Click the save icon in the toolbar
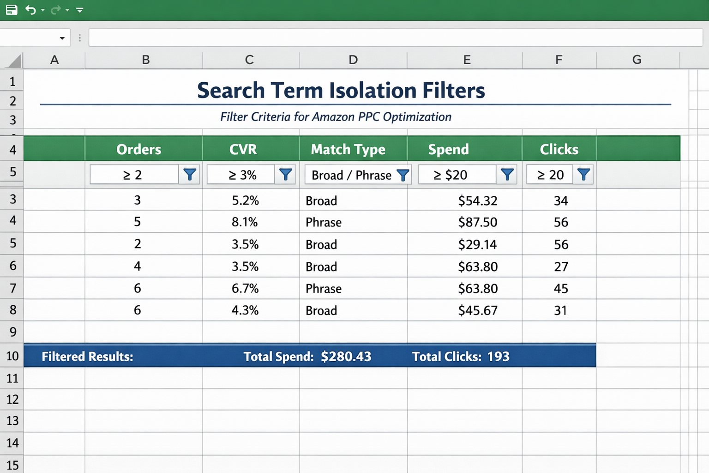pyautogui.click(x=12, y=10)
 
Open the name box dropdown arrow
pyautogui.click(x=62, y=38)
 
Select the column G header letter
pyautogui.click(x=637, y=60)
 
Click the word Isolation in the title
pyautogui.click(x=373, y=90)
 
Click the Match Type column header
pyautogui.click(x=348, y=149)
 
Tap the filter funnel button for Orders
pyautogui.click(x=190, y=175)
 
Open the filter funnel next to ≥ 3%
pyautogui.click(x=285, y=175)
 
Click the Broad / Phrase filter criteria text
pyautogui.click(x=351, y=175)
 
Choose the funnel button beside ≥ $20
pyautogui.click(x=507, y=175)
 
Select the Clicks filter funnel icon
pyautogui.click(x=583, y=175)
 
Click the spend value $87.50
pyautogui.click(x=478, y=222)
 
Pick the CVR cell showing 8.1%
pyautogui.click(x=245, y=222)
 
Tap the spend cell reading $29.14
pyautogui.click(x=477, y=244)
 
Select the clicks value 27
pyautogui.click(x=561, y=267)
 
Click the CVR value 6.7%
pyautogui.click(x=245, y=289)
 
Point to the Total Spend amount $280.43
pyautogui.click(x=346, y=356)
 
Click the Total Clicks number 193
pyautogui.click(x=499, y=356)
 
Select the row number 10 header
pyautogui.click(x=12, y=356)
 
